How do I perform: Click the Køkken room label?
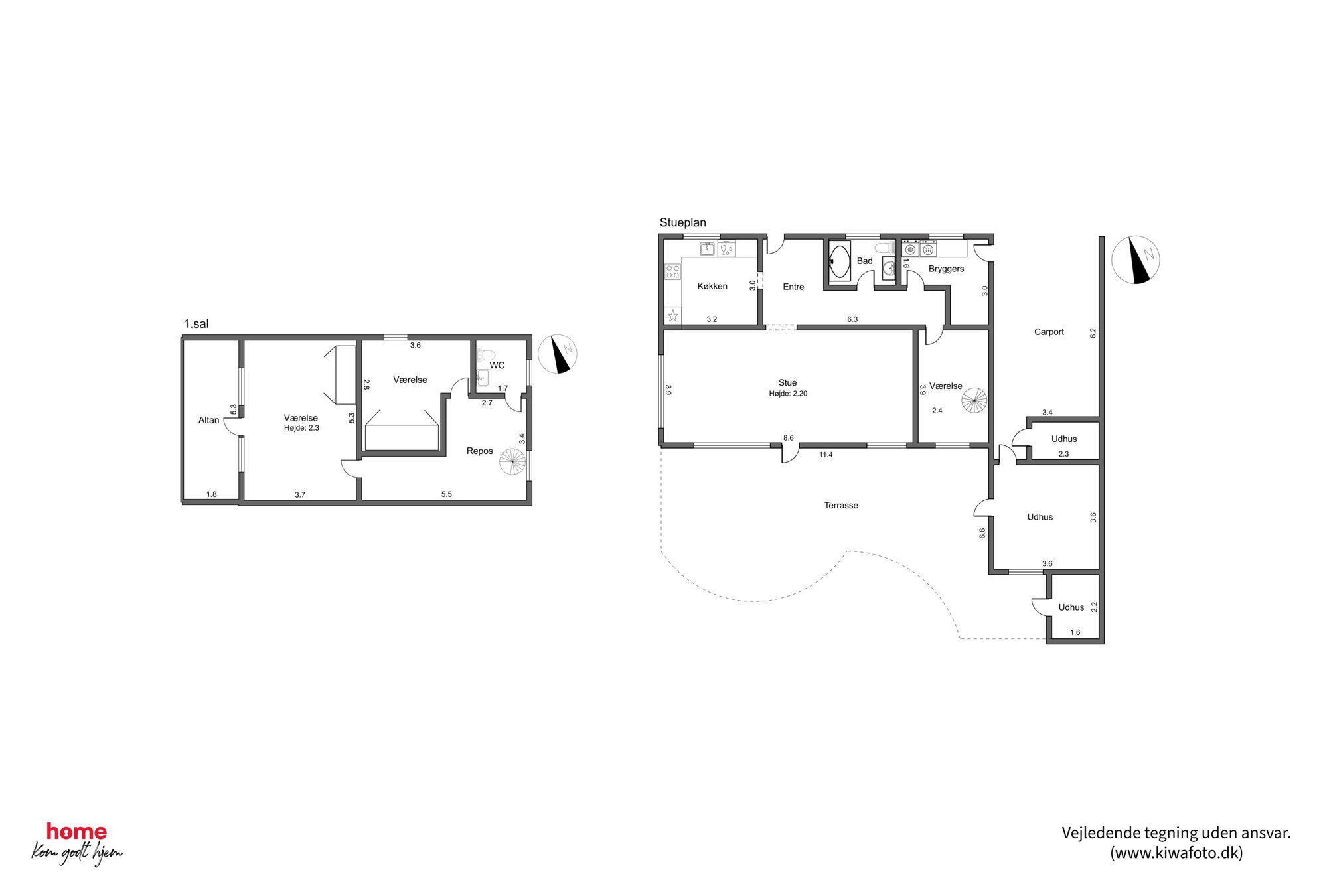click(x=712, y=286)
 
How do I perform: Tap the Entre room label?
click(x=793, y=287)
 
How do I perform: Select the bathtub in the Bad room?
click(x=840, y=261)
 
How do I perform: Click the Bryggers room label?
click(x=946, y=269)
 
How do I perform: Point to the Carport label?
click(x=1049, y=332)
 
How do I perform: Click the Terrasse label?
click(x=841, y=505)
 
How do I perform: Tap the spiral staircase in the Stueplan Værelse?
click(x=974, y=400)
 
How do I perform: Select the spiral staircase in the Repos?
click(x=512, y=462)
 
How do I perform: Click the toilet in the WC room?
click(x=486, y=354)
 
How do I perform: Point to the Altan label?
click(x=208, y=420)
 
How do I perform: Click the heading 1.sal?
click(x=196, y=324)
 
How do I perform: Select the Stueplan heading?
click(x=682, y=222)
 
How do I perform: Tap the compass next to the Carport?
click(x=1135, y=260)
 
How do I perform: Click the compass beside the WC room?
click(x=557, y=354)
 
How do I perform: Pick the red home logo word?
click(x=76, y=832)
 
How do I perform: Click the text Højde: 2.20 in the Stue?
click(x=788, y=394)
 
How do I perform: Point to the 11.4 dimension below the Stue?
click(x=826, y=455)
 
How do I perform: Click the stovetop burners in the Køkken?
click(x=672, y=271)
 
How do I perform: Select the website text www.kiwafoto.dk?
click(x=1176, y=853)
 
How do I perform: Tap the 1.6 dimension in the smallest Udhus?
click(x=1075, y=632)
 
